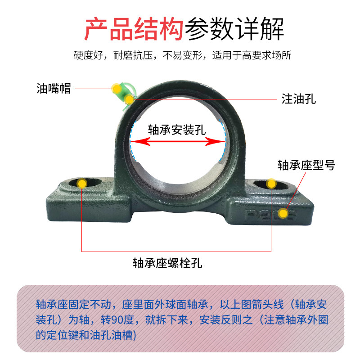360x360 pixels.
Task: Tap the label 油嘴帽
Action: (54, 89)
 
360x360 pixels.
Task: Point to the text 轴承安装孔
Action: (177, 130)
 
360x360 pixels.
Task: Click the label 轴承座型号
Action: (306, 166)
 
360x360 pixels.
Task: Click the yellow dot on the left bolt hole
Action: (81, 183)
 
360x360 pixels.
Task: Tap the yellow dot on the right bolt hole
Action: (271, 183)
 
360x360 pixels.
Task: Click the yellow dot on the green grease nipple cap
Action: (117, 88)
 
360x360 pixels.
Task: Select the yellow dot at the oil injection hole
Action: (129, 99)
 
